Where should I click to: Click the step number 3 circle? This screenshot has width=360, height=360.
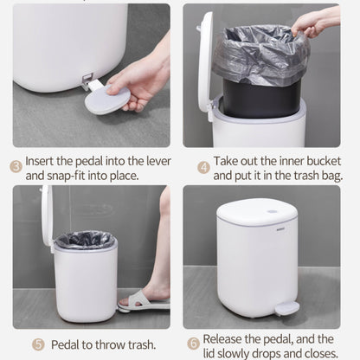(x=16, y=167)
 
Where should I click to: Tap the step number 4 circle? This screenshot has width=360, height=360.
(x=203, y=167)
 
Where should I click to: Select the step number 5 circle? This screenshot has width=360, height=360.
(x=38, y=344)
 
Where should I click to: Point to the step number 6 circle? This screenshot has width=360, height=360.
(x=193, y=344)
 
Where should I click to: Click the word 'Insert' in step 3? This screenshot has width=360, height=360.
(x=40, y=161)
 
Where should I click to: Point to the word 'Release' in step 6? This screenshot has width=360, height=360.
(x=222, y=339)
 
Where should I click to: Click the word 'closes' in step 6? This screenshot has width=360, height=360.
(x=322, y=353)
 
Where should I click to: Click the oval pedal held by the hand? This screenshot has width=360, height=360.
(x=107, y=99)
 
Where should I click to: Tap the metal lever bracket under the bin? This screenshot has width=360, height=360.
(x=87, y=82)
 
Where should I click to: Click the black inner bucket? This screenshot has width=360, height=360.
(x=261, y=99)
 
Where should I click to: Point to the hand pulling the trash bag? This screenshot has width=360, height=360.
(x=315, y=22)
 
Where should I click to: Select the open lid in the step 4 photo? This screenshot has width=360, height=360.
(x=205, y=62)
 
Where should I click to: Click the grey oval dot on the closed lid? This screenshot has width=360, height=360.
(x=271, y=211)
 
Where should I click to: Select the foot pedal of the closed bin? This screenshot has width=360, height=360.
(x=286, y=308)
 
